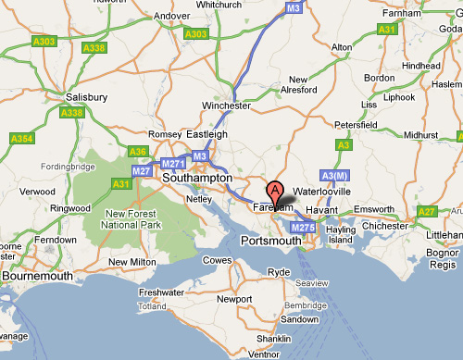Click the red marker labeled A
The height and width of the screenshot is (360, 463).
click(x=274, y=192)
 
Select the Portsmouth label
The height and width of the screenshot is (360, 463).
click(x=270, y=241)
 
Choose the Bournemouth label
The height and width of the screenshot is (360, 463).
click(x=37, y=276)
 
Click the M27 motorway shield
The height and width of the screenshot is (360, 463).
click(x=142, y=170)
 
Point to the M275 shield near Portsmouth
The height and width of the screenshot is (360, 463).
click(x=303, y=227)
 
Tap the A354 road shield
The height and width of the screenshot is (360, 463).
click(x=20, y=138)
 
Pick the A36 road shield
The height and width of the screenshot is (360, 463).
click(x=138, y=152)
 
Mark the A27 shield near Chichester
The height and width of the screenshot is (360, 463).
click(x=427, y=212)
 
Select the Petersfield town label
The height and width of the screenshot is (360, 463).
click(x=357, y=121)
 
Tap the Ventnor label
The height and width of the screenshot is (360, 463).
click(x=264, y=354)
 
